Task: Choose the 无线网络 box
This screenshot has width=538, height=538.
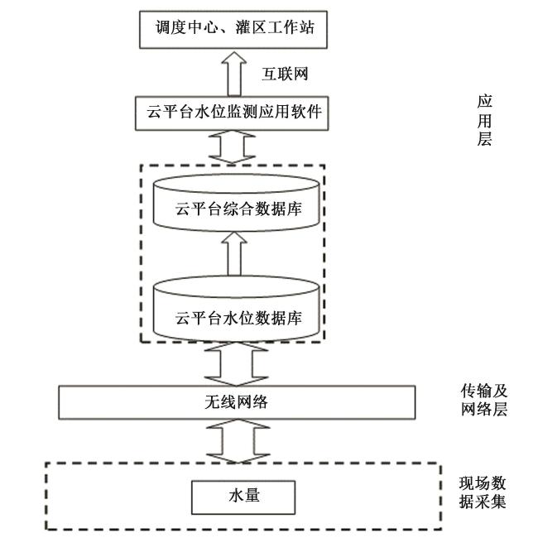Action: [x=236, y=402]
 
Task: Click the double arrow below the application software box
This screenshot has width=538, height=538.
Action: [x=236, y=147]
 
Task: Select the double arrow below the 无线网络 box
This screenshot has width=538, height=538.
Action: [x=236, y=440]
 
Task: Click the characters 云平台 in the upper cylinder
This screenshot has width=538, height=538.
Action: [x=194, y=209]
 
